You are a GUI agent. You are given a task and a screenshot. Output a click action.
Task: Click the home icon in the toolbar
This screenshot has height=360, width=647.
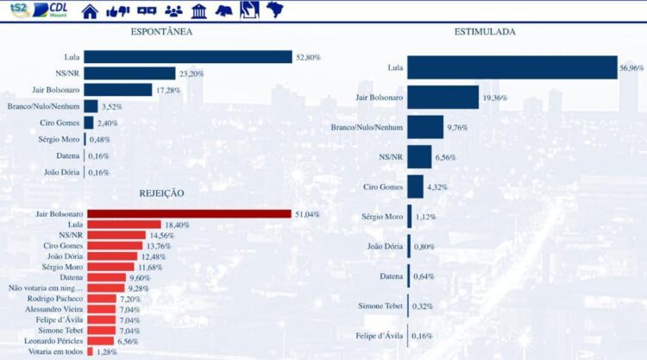point(90,11)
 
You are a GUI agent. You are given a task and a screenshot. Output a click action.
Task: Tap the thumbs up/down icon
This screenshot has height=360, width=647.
point(117,11)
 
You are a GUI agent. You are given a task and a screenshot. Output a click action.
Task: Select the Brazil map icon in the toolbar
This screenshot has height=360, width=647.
point(276,10)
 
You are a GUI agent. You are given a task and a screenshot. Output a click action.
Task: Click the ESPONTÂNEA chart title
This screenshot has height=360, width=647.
point(160,32)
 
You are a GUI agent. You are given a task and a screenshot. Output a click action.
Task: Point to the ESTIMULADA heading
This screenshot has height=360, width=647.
point(485,32)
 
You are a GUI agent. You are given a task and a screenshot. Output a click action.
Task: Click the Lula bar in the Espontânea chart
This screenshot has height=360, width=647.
point(188,57)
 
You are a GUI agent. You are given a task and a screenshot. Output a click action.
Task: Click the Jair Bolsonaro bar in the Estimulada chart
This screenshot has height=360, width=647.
point(443,98)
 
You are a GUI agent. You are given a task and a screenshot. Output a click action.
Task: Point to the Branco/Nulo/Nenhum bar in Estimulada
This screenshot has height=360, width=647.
point(425,128)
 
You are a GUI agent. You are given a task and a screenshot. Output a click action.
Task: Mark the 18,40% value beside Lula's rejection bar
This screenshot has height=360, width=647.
point(178,224)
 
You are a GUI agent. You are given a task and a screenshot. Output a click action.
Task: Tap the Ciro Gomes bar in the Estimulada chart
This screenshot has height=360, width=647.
point(415,186)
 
